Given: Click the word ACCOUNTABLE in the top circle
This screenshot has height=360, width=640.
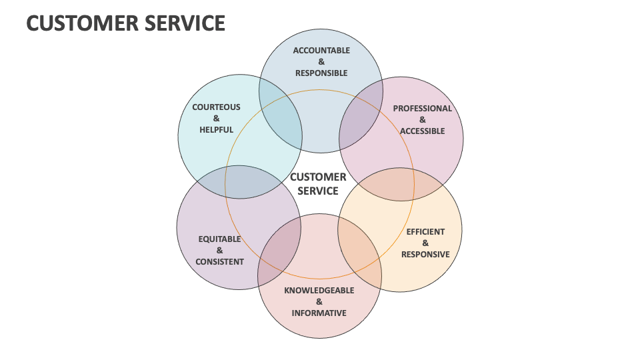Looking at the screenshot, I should tap(321, 51).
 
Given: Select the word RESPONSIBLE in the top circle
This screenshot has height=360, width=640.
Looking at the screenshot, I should tap(321, 73).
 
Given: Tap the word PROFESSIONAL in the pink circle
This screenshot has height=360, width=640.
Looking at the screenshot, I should tap(422, 108).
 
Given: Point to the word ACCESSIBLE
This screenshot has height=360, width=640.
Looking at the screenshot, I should tap(422, 131).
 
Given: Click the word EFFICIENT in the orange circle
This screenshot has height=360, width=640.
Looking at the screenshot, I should tap(425, 232).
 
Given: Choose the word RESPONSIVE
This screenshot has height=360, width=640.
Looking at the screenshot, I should tap(425, 254).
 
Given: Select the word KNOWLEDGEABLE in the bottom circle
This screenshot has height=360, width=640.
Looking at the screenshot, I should tap(319, 291).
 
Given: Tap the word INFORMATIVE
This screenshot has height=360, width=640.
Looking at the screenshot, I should tap(319, 313).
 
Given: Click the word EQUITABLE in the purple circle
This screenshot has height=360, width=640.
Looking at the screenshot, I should tap(219, 239).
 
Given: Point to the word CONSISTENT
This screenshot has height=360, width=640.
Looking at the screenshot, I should tap(219, 261).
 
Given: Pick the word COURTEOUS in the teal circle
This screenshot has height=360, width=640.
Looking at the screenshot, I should tap(216, 107).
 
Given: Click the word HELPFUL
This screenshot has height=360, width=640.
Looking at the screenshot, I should tap(216, 130).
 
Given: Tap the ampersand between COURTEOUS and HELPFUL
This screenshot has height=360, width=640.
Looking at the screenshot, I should tap(216, 119).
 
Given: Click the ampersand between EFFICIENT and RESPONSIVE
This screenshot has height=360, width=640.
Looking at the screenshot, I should tap(425, 243).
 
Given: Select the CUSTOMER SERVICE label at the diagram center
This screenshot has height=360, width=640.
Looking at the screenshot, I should tap(318, 184).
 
